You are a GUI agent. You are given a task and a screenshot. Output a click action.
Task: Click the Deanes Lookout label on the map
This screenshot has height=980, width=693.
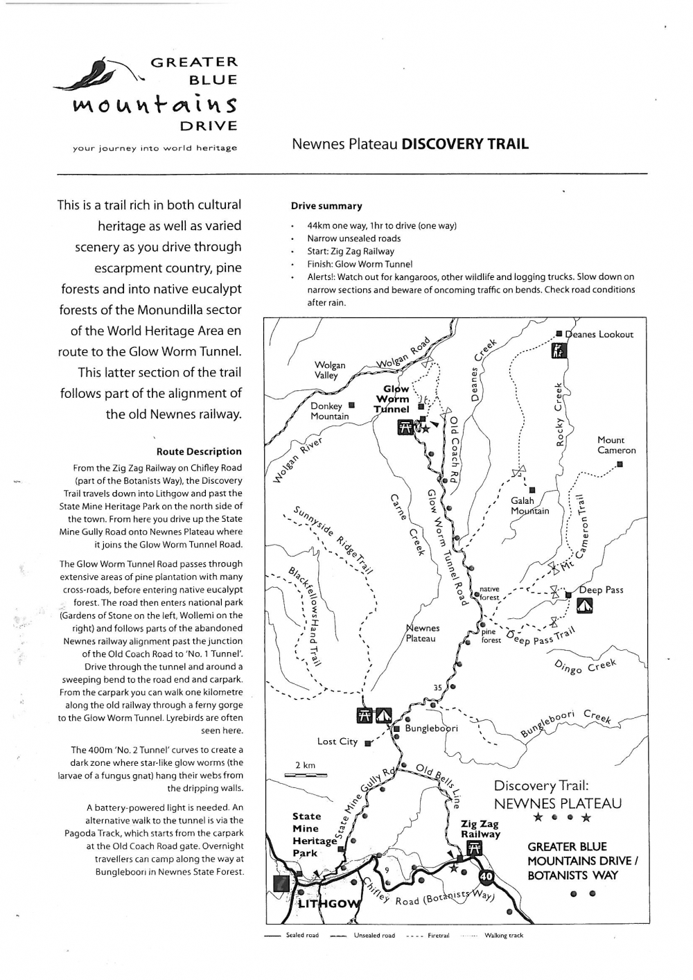pos(599,334)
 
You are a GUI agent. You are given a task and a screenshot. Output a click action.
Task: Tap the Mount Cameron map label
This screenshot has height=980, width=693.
pos(616,445)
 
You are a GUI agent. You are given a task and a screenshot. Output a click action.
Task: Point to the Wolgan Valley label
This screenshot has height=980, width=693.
pos(330,370)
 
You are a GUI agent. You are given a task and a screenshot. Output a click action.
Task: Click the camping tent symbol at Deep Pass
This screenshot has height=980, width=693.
pos(584,606)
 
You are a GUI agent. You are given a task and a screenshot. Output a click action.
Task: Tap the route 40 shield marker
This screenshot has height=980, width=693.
pos(486,877)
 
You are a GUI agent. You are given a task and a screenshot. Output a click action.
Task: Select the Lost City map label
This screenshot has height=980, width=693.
pos(337,742)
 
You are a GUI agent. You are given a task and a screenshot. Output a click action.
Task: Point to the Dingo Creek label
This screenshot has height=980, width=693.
pos(586,666)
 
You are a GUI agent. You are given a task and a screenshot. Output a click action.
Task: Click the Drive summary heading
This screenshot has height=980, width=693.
pos(326,206)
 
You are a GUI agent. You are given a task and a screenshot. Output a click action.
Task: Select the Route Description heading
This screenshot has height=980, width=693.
pos(209,451)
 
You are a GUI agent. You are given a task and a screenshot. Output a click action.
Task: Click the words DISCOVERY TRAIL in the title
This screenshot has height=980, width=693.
pos(465,144)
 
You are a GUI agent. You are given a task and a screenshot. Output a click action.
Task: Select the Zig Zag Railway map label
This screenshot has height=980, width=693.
pos(480,829)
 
